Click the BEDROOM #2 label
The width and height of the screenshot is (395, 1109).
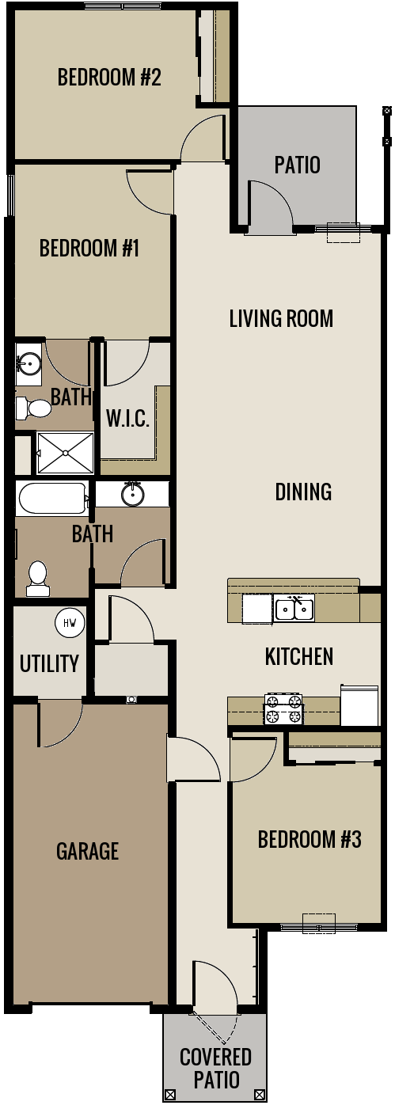point(109,78)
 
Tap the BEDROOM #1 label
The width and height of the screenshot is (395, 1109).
point(89,249)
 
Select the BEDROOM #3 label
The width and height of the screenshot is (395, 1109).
point(310,839)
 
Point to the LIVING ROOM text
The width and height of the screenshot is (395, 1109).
point(281,319)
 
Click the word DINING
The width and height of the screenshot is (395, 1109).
point(303,492)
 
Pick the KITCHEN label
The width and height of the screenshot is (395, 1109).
point(298,656)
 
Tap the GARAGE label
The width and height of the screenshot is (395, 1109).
point(87,852)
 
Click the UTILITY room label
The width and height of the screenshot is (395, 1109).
point(49,663)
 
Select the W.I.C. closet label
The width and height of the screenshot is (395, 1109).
point(127,419)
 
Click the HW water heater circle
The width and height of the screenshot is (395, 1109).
point(70,623)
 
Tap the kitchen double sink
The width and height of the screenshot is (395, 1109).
point(294,609)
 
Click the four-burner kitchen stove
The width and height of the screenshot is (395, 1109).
point(283,709)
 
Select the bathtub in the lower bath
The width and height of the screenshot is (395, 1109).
point(51,499)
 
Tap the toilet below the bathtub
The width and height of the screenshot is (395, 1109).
point(37,579)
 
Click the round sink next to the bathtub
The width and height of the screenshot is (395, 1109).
point(133,495)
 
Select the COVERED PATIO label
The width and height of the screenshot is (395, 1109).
point(215,1068)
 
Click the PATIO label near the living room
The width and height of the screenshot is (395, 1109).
point(298,165)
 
